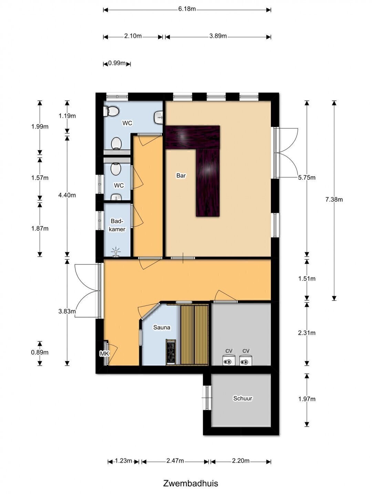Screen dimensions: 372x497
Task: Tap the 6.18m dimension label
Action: pyautogui.click(x=187, y=9)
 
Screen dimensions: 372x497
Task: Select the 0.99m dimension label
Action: pyautogui.click(x=117, y=63)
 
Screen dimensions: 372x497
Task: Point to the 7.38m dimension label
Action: pyautogui.click(x=334, y=199)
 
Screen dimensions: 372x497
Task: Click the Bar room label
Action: pyautogui.click(x=181, y=175)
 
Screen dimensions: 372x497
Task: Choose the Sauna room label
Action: pyautogui.click(x=162, y=328)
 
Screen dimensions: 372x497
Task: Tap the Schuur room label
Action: pyautogui.click(x=242, y=398)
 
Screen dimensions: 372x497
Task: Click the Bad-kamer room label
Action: pyautogui.click(x=117, y=225)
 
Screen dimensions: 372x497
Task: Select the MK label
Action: pyautogui.click(x=105, y=353)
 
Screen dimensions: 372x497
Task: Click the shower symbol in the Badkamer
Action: pyautogui.click(x=116, y=252)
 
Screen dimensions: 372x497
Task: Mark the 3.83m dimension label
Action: pyautogui.click(x=67, y=311)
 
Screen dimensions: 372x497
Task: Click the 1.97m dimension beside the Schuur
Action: pyautogui.click(x=307, y=399)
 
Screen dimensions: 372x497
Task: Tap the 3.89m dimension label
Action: pyautogui.click(x=218, y=36)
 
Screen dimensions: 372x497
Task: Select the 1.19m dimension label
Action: pyautogui.click(x=67, y=116)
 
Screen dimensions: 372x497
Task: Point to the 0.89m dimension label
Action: pyautogui.click(x=40, y=352)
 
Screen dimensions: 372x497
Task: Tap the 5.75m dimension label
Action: pyautogui.click(x=307, y=177)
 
